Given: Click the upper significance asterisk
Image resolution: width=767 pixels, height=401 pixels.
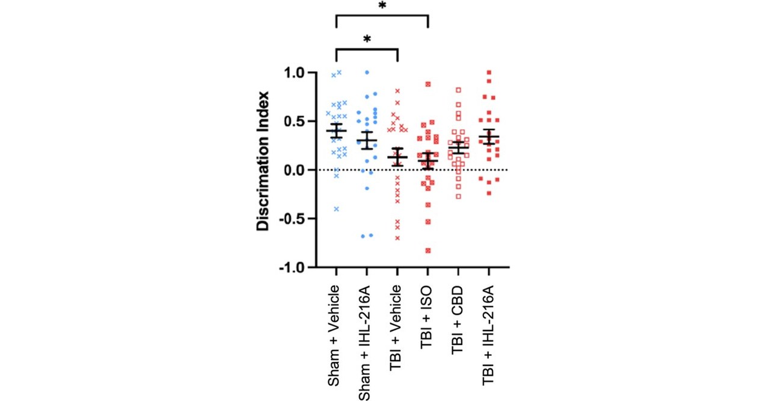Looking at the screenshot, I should coord(382,5).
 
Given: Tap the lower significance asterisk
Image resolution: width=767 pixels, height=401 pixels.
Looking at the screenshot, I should coord(367,39).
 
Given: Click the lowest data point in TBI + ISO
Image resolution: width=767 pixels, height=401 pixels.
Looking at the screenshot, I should coord(428,250).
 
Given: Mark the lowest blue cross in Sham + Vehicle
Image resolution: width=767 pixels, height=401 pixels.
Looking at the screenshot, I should coord(337,209).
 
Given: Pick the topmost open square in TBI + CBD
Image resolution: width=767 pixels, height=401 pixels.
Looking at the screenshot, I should coord(459,90).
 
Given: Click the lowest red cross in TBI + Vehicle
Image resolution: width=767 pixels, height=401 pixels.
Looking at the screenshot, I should coord(397,238).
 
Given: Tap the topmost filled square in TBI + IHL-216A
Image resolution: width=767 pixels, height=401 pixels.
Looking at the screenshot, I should coord(489,72).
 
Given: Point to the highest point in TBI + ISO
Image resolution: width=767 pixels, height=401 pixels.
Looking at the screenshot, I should coord(428,84).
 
